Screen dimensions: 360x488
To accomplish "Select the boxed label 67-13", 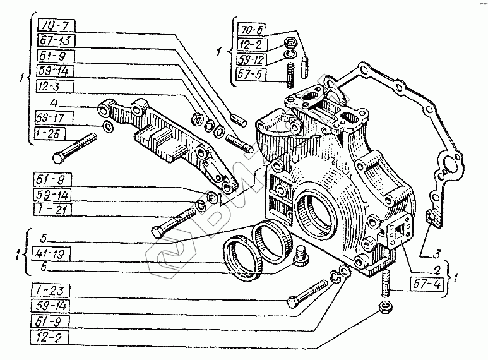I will click(56, 40).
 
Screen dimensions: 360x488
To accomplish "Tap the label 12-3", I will click(56, 84).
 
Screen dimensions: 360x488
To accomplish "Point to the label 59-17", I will click(56, 117).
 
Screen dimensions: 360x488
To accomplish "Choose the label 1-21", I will click(56, 210).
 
